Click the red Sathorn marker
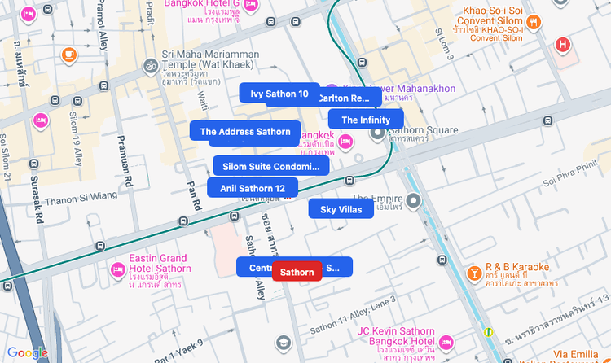tap(297, 272)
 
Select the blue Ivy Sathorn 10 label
tap(279, 94)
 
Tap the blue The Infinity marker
tap(366, 120)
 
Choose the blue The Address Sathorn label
tap(244, 131)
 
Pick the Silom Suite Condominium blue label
tap(270, 166)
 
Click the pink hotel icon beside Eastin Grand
tap(117, 269)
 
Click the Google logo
tap(28, 353)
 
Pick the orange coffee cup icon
tap(69, 55)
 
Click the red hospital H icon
tap(562, 44)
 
